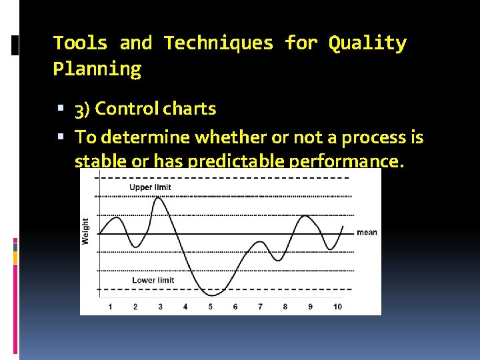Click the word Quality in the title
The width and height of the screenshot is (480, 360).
367,43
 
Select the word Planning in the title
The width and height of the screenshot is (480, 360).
97,69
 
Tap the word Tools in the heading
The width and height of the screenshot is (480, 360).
80,43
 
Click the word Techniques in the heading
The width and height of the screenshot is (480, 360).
219,43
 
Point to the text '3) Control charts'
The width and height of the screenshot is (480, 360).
145,109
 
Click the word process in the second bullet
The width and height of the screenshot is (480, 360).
374,137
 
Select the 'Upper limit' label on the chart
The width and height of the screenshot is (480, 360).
150,187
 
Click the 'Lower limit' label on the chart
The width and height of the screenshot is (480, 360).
153,280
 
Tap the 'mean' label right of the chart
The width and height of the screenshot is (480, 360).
367,233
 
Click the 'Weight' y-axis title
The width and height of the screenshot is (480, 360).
85,231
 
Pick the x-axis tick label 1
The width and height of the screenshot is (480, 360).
110,307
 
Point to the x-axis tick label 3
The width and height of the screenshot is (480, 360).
160,307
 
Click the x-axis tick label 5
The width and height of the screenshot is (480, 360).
210,307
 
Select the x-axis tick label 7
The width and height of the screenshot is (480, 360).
260,307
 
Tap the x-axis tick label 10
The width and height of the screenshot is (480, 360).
337,307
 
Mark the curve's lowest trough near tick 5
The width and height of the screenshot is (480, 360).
212,295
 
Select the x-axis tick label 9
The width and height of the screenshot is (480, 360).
310,307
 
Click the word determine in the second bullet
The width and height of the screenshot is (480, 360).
137,137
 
